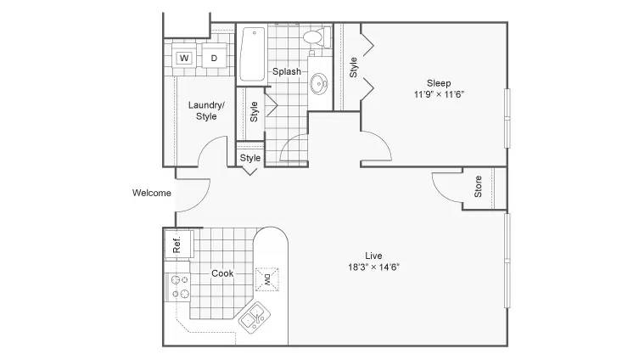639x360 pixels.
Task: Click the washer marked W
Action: (184, 58)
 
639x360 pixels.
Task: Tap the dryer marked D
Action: (214, 58)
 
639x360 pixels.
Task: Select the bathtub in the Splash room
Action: (253, 54)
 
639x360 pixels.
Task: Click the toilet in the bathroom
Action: (317, 37)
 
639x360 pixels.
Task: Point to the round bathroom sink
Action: (319, 84)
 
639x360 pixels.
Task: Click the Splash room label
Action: (287, 71)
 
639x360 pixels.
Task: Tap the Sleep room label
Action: (439, 83)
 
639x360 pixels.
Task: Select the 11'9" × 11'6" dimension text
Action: (439, 94)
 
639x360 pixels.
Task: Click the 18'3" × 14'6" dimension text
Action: (373, 267)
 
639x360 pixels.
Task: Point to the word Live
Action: (373, 256)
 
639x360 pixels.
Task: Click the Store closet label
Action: (478, 187)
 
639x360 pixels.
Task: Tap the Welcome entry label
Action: (152, 193)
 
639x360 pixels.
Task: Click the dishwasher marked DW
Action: (267, 279)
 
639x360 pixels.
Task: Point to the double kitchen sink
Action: (255, 318)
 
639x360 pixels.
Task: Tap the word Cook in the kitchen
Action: (222, 273)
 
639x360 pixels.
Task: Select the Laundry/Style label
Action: (206, 110)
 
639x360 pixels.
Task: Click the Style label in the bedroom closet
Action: (353, 67)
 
